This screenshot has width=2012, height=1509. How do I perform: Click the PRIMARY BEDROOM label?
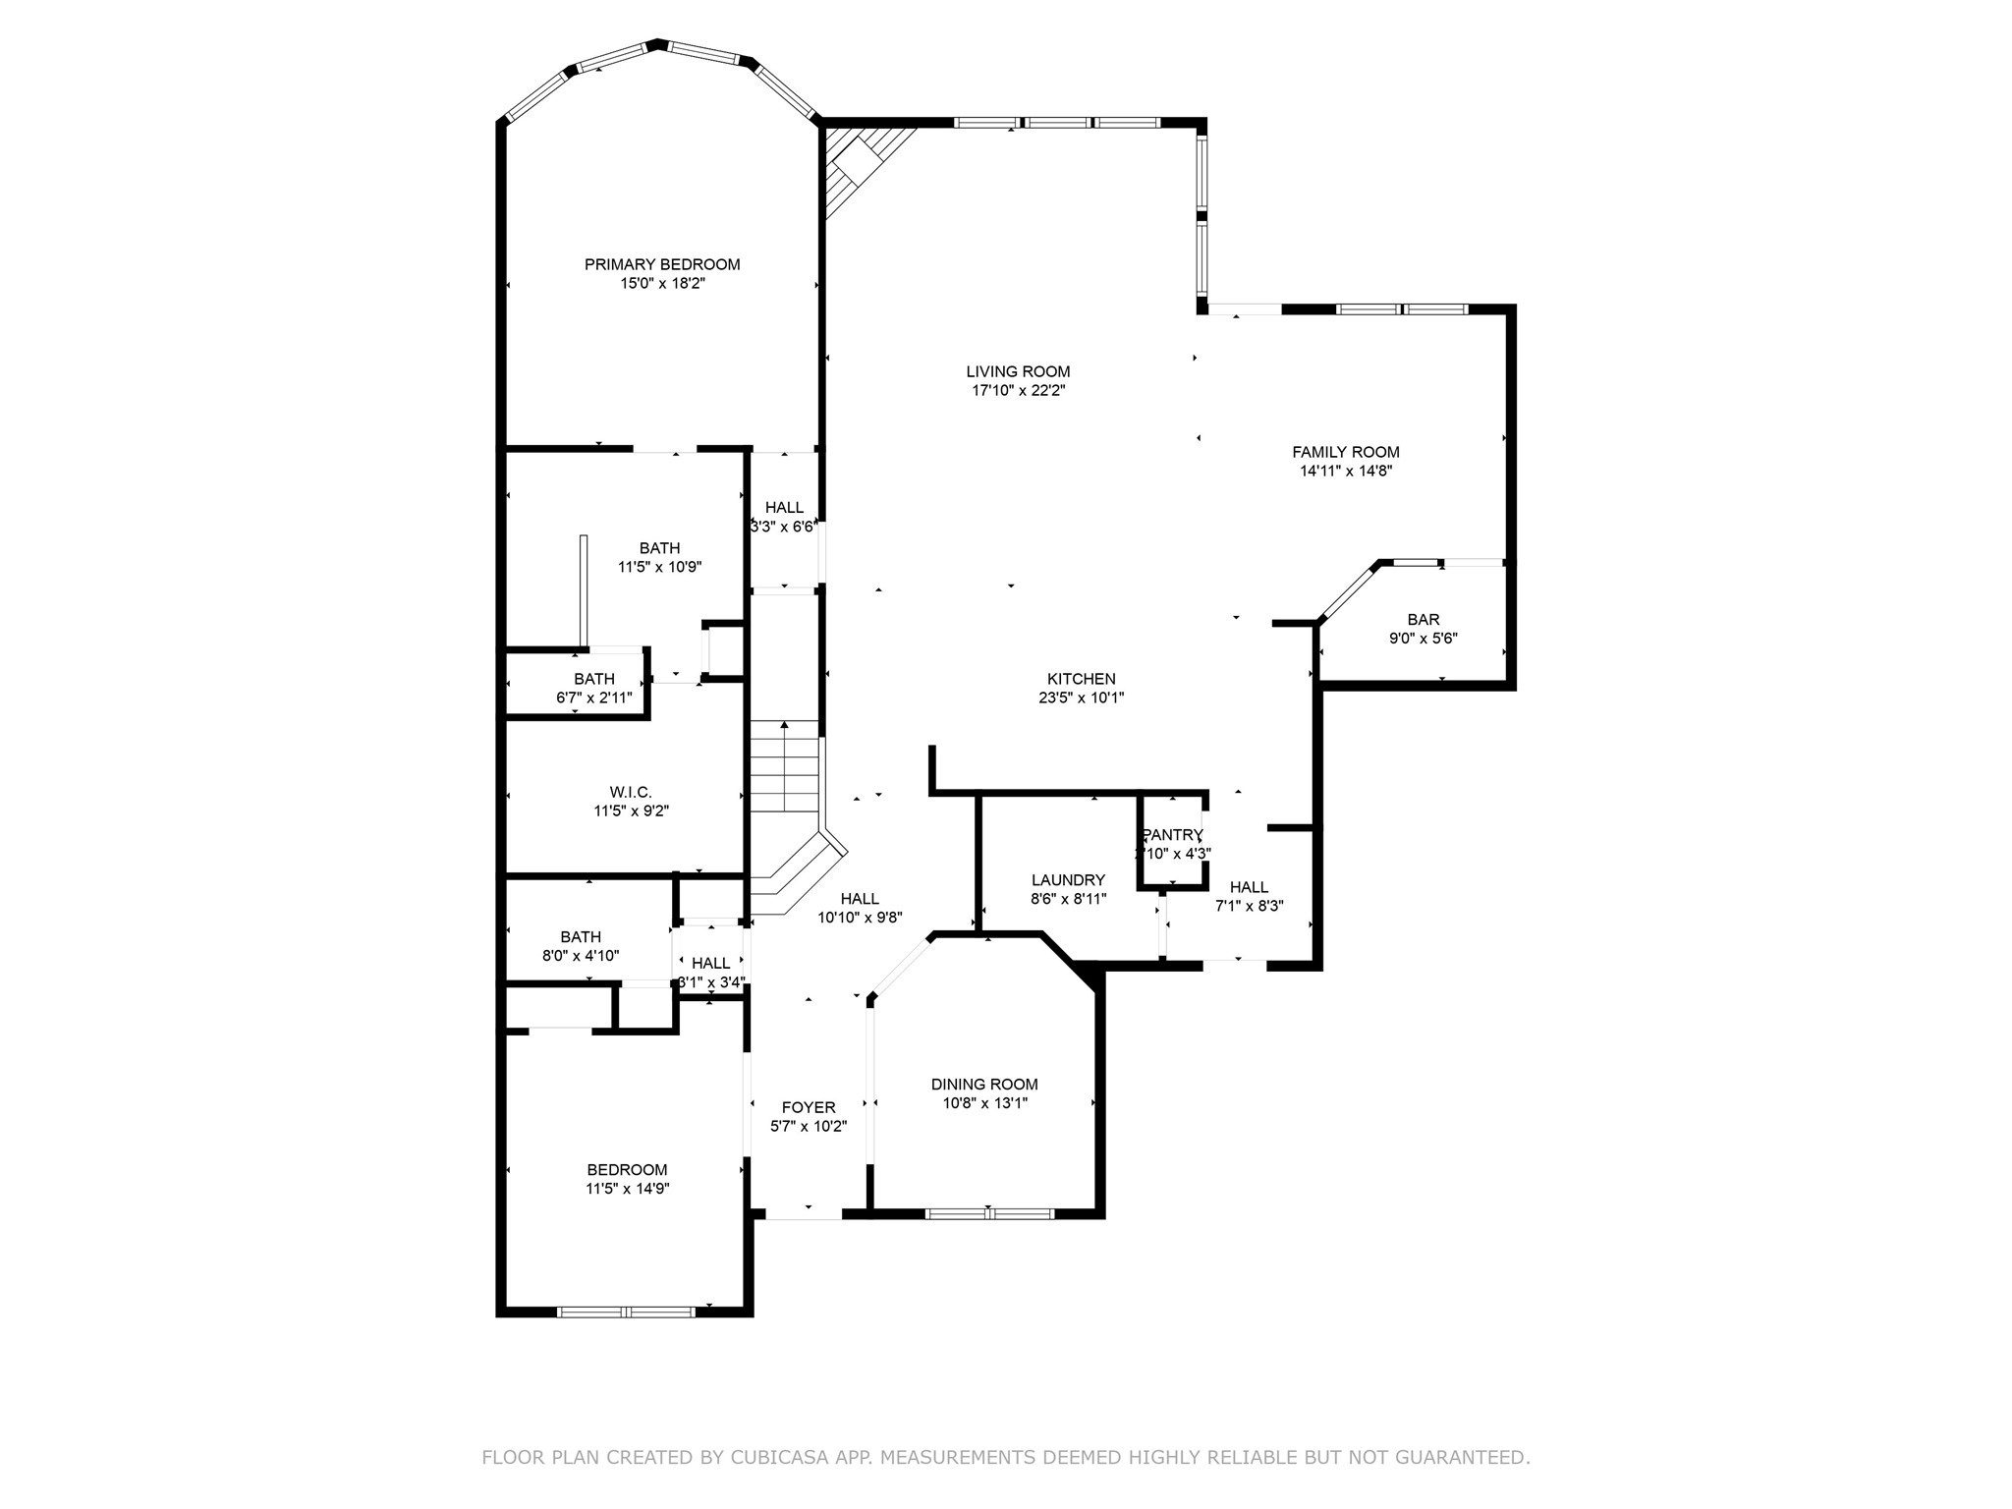click(662, 264)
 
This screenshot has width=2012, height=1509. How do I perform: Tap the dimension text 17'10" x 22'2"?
click(1018, 391)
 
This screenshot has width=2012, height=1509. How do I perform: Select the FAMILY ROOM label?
click(1345, 452)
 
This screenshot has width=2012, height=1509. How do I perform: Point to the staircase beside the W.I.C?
click(785, 766)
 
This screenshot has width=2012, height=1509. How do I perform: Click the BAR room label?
click(1423, 620)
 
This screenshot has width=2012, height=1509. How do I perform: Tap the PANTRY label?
click(1172, 835)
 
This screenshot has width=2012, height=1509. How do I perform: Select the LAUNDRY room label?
click(1068, 880)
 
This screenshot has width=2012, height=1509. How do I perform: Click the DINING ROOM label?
click(984, 1085)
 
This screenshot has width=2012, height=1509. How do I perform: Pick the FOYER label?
click(808, 1107)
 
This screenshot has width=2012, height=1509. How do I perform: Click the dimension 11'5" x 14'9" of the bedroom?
click(627, 1189)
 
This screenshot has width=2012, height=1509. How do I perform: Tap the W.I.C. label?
click(631, 792)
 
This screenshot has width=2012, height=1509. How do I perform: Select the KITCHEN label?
click(1081, 679)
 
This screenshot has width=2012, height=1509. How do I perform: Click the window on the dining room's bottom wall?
click(989, 1213)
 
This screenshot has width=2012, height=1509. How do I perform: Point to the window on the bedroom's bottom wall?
click(626, 1311)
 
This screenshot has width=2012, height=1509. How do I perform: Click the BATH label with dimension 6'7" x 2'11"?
click(594, 679)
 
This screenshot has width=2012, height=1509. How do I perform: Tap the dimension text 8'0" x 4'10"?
click(581, 956)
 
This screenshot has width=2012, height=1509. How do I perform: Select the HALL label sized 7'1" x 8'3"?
click(1249, 887)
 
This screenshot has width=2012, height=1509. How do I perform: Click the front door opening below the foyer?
click(804, 1216)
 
